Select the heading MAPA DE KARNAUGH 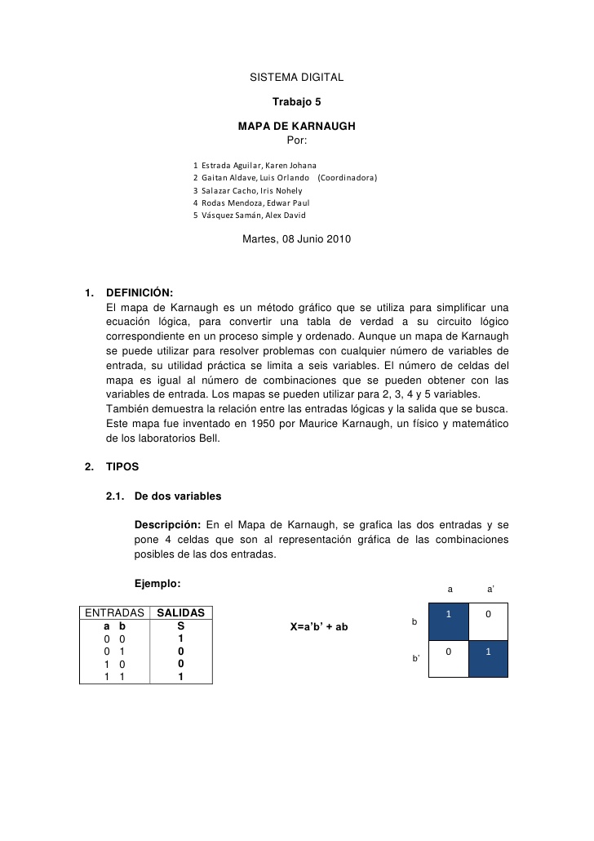pos(296,127)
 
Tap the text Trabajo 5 pos(296,102)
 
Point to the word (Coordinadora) pos(347,177)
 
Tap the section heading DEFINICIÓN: pos(140,294)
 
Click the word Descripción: pos(167,523)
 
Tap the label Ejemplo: pos(157,583)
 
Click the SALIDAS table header pos(180,612)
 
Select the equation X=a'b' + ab pos(319,627)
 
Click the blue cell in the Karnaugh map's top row pos(449,622)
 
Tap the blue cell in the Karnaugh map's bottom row pos(488,660)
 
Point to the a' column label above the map pos(490,588)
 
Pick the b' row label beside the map pos(416,658)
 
